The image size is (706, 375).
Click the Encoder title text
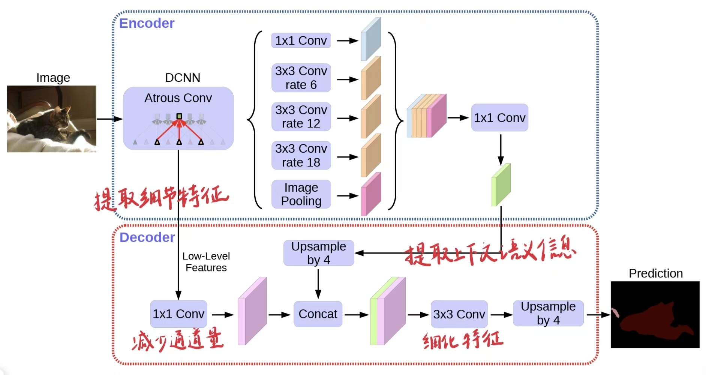(147, 23)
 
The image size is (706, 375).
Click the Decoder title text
(147, 237)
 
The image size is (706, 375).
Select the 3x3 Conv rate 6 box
(301, 78)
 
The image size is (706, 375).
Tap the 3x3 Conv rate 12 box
(301, 117)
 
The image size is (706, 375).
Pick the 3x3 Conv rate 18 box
(301, 156)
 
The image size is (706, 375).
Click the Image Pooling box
(301, 194)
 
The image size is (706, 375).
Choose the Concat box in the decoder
(318, 314)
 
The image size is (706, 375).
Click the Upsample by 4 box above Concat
(319, 253)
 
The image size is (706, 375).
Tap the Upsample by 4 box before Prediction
(548, 313)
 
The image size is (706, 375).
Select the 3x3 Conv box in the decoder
(459, 314)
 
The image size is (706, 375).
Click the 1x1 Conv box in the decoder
(178, 314)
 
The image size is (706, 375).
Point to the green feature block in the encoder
(501, 185)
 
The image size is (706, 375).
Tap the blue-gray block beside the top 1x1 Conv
(371, 39)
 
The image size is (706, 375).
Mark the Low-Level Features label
(206, 262)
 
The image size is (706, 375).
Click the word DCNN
(183, 78)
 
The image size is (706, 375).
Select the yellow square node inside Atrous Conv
(179, 116)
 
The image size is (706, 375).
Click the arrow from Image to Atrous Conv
(109, 119)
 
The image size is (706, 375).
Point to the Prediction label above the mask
(655, 273)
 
